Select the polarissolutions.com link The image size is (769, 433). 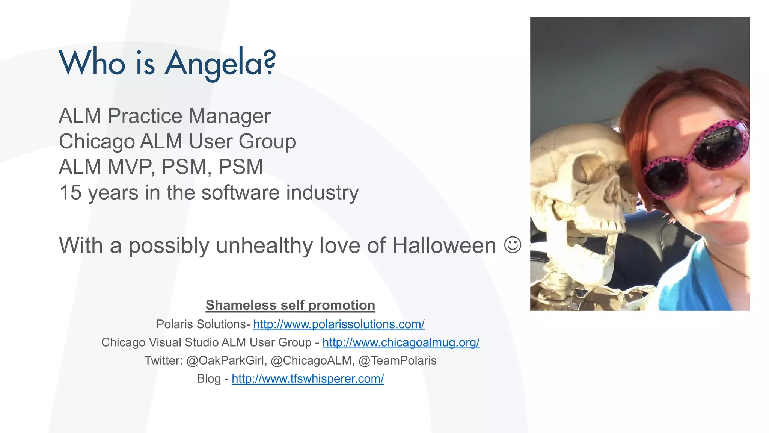click(x=339, y=324)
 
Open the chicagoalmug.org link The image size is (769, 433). click(x=401, y=342)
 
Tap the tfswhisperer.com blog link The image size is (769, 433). click(x=308, y=378)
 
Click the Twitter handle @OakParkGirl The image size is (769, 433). click(x=226, y=360)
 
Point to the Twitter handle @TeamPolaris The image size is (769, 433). click(x=397, y=360)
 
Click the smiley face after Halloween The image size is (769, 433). click(x=513, y=245)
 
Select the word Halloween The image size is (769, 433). click(x=444, y=246)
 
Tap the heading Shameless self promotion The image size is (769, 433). click(x=290, y=305)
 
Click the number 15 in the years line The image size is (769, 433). click(x=70, y=192)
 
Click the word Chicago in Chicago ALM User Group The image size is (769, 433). click(x=97, y=142)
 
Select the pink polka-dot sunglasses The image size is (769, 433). click(x=695, y=158)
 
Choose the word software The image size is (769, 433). click(x=240, y=192)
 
